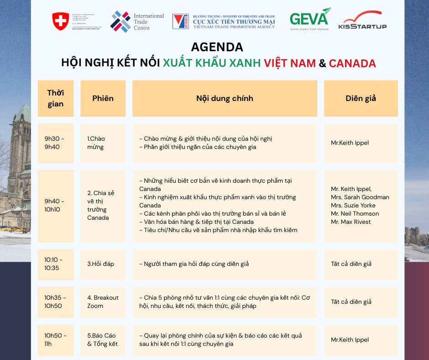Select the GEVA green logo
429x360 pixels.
pyautogui.click(x=309, y=19)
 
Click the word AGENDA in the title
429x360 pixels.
pyautogui.click(x=217, y=47)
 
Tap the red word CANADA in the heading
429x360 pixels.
pyautogui.click(x=352, y=64)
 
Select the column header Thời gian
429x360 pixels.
pyautogui.click(x=55, y=98)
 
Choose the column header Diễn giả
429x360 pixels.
pyautogui.click(x=361, y=98)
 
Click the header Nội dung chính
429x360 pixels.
pyautogui.click(x=225, y=98)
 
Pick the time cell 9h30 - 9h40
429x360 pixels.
pyautogui.click(x=55, y=143)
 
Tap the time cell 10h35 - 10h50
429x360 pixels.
pyautogui.click(x=55, y=302)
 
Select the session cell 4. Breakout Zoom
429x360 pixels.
pyautogui.click(x=103, y=302)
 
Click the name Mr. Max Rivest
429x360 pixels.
pyautogui.click(x=351, y=222)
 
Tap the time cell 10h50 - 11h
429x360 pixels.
pyautogui.click(x=55, y=339)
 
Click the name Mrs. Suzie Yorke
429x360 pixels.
pyautogui.click(x=353, y=205)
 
